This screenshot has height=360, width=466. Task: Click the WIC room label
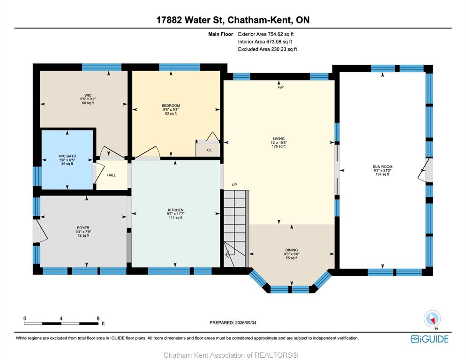coord(88,95)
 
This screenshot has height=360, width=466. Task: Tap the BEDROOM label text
coord(171,105)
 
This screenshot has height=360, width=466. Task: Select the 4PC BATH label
coord(67,156)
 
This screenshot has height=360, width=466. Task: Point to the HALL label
coord(112,175)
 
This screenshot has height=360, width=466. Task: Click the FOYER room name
coord(83,228)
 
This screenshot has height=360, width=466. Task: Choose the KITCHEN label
coord(176,210)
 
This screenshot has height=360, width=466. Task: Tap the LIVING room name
coord(279,139)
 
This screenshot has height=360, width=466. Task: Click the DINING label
coord(292,250)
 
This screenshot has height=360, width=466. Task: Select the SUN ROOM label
coord(383,167)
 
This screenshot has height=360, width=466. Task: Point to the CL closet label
coord(209,150)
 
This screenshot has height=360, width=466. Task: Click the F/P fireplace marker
coord(281,87)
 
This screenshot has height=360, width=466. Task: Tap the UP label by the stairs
coord(234,185)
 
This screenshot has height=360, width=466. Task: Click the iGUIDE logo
coord(430,339)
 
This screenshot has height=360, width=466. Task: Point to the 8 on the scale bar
coord(98,318)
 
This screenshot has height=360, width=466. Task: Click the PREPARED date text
coord(233,322)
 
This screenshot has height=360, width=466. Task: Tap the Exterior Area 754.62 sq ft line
coord(266,34)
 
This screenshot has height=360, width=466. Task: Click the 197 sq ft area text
coord(383,174)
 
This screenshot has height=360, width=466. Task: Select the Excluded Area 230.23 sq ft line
coord(268,49)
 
